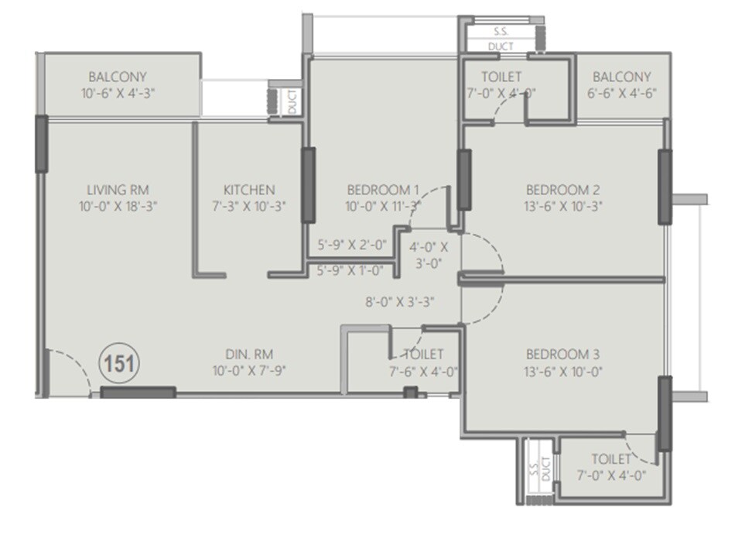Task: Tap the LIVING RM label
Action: pyautogui.click(x=118, y=190)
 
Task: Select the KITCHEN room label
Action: pyautogui.click(x=249, y=190)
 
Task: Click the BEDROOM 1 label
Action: pyautogui.click(x=383, y=190)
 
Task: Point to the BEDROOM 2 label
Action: pyautogui.click(x=563, y=190)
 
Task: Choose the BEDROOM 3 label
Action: pyautogui.click(x=563, y=355)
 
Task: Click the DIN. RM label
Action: pyautogui.click(x=247, y=355)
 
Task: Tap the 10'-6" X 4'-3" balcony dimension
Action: pyautogui.click(x=117, y=94)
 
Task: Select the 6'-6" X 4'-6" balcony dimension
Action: pyautogui.click(x=621, y=94)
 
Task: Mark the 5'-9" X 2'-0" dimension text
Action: pyautogui.click(x=352, y=245)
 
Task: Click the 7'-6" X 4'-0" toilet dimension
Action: pyautogui.click(x=424, y=371)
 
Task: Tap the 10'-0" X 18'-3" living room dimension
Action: pyautogui.click(x=118, y=206)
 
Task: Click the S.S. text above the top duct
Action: pyautogui.click(x=501, y=33)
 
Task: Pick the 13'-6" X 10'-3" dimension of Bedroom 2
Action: pyautogui.click(x=563, y=206)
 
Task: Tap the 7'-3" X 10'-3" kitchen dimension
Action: pyautogui.click(x=249, y=206)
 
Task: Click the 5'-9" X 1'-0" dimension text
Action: pyautogui.click(x=352, y=270)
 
